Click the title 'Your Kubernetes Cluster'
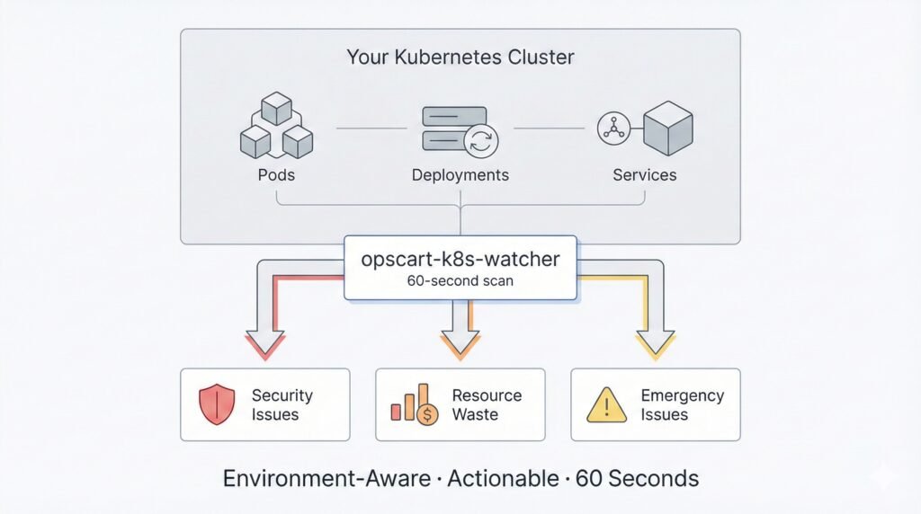click(460, 58)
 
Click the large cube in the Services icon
click(668, 128)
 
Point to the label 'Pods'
click(275, 175)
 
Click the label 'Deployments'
click(460, 175)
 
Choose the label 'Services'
click(644, 175)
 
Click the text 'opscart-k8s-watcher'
click(460, 259)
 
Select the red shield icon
click(216, 404)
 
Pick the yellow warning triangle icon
click(606, 405)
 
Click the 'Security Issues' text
click(282, 404)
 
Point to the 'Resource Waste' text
click(486, 404)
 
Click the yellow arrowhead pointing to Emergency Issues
click(655, 346)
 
